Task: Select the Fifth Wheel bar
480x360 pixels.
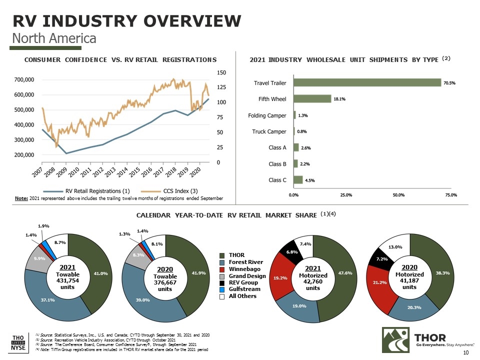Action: (312, 99)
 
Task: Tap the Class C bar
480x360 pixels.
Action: (298, 179)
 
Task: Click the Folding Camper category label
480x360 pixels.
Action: (267, 115)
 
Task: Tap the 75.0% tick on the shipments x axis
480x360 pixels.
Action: (450, 194)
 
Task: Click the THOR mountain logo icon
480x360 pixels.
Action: (394, 340)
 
